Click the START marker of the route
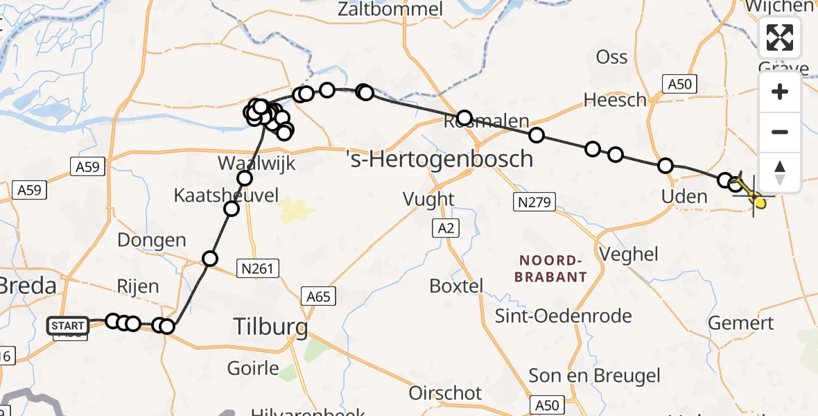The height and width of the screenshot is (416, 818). coord(68,325)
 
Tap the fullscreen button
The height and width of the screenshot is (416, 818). coord(780,37)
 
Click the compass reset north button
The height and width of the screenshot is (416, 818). coord(780,173)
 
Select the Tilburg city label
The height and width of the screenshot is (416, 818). coord(271,325)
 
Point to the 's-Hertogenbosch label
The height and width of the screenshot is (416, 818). coord(440,159)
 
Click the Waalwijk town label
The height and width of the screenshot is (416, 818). coord(256,164)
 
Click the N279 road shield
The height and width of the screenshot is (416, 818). coord(532,202)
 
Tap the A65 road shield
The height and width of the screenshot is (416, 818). coord(318,297)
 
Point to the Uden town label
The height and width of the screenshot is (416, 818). coord(684,196)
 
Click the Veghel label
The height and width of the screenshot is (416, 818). coord(629,254)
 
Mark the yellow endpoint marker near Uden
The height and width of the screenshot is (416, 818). coord(760,202)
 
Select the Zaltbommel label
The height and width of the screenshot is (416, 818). coord(390,9)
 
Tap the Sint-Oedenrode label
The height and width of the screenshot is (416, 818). coord(563,316)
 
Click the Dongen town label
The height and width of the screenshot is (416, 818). coord(152,241)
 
